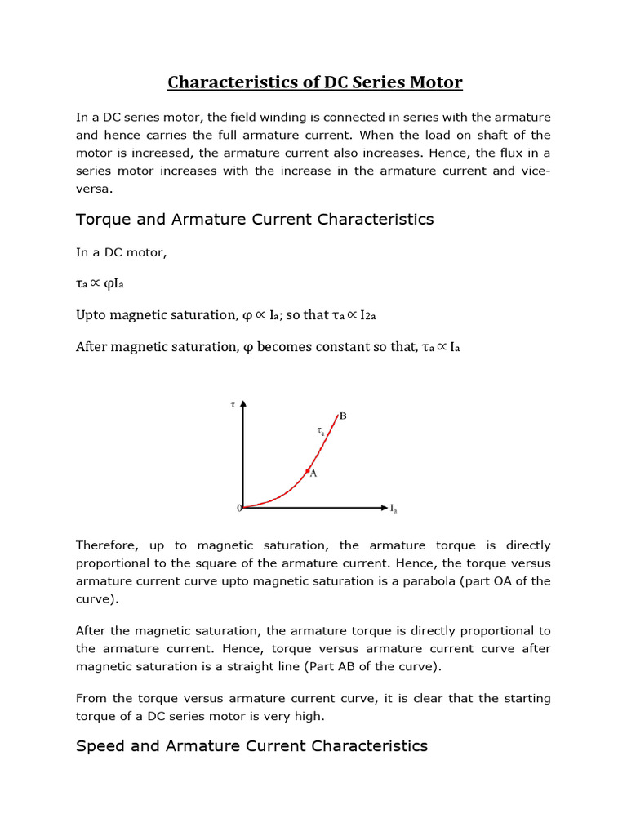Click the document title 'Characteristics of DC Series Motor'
314,82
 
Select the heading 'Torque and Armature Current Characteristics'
255,220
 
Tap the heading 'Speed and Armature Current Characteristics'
251,745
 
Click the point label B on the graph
343,416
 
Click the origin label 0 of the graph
238,508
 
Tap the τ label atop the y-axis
233,403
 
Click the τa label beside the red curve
320,429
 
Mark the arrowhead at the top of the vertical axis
243,403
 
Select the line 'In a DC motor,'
121,252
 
